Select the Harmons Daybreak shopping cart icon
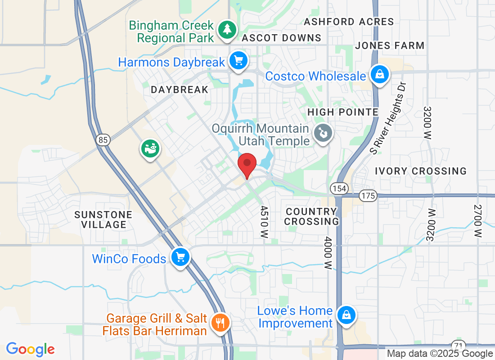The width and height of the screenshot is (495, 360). click(238, 61)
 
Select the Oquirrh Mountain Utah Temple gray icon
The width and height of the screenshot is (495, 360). click(323, 133)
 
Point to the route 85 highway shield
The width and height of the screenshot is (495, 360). click(103, 140)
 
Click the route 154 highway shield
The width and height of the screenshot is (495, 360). click(339, 188)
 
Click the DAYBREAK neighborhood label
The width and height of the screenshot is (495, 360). click(180, 90)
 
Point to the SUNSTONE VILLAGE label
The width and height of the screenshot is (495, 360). click(103, 220)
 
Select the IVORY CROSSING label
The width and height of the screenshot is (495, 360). click(421, 171)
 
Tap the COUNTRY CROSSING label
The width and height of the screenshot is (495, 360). click(311, 216)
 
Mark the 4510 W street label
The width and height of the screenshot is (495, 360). click(264, 222)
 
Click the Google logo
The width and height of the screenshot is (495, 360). click(30, 349)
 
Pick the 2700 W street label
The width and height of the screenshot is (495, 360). click(478, 221)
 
